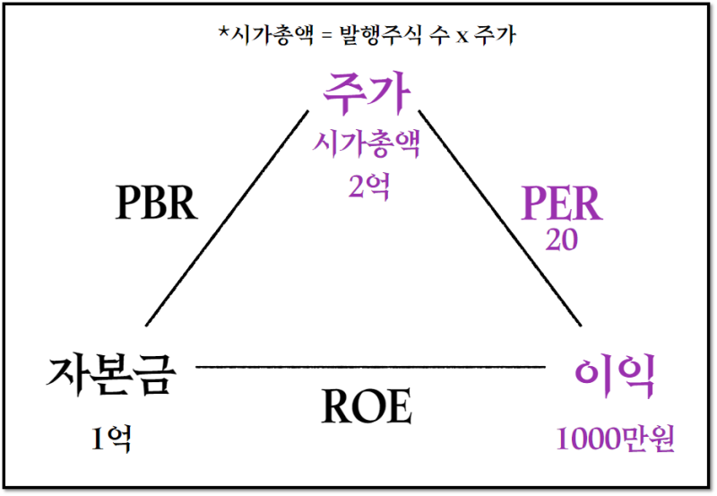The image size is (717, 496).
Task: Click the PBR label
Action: coord(156,204)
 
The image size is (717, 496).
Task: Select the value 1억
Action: coord(111,438)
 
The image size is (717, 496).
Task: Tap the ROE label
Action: coord(367,408)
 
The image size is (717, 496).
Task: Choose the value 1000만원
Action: coord(615,439)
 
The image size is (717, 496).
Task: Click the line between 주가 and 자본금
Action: coord(226,218)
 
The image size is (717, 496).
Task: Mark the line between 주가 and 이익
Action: coord(498,218)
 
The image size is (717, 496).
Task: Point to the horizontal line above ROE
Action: coord(369,367)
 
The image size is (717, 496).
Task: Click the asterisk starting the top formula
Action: coord(223,36)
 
